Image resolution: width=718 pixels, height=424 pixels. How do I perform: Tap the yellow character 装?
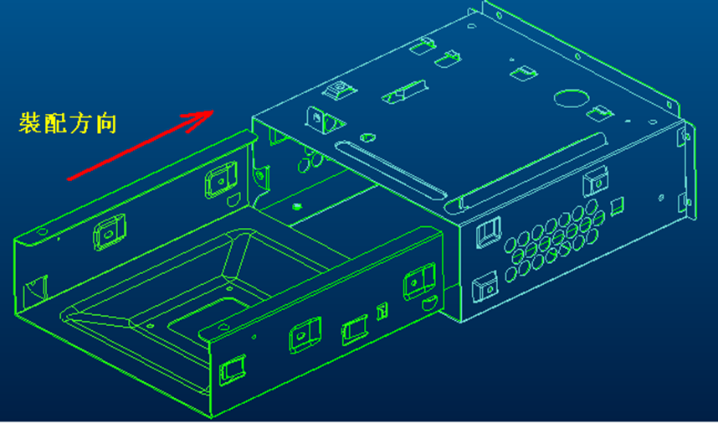30,123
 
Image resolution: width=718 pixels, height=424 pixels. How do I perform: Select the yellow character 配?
55,123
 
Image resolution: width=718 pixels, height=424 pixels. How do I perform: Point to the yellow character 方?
81,124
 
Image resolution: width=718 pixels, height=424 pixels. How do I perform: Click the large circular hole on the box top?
571,98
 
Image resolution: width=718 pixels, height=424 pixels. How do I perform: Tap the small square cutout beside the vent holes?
618,206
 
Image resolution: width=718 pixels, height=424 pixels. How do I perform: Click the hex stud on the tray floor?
297,207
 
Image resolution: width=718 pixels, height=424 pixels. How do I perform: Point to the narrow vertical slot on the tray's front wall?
382,311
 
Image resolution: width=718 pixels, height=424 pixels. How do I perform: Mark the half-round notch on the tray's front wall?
429,303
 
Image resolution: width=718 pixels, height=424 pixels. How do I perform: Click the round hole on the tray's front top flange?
223,326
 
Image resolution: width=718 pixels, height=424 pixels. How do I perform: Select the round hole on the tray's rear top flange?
42,232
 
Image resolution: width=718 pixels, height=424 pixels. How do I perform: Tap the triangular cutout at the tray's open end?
35,288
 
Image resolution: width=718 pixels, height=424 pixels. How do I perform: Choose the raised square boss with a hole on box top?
339,89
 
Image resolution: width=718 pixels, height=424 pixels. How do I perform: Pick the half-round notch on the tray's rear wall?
234,199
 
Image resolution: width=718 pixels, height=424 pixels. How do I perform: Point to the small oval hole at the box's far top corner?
472,26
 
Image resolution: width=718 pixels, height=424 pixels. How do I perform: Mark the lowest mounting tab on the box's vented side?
485,287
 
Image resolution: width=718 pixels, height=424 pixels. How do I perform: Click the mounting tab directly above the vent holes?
595,181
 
